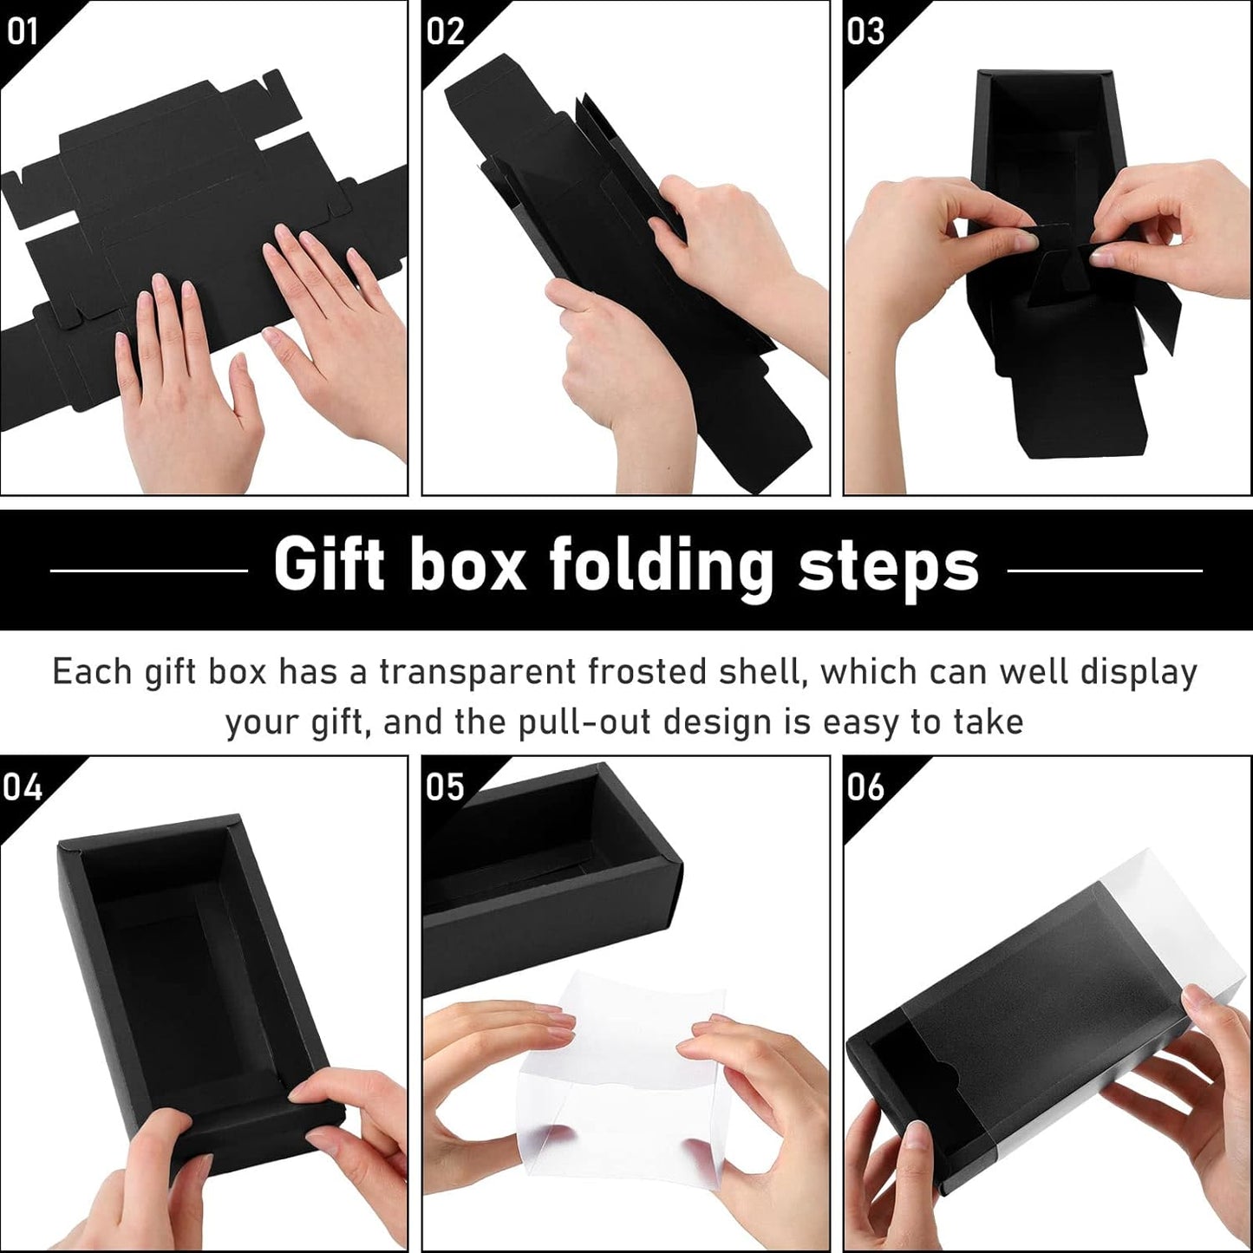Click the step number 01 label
[x=22, y=31]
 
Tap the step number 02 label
[x=446, y=31]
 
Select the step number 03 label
[x=865, y=31]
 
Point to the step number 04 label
[x=22, y=787]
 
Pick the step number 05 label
[x=446, y=787]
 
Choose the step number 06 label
[x=865, y=787]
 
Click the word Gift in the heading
[x=329, y=565]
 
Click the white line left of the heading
[x=149, y=571]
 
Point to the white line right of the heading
[x=1105, y=571]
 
